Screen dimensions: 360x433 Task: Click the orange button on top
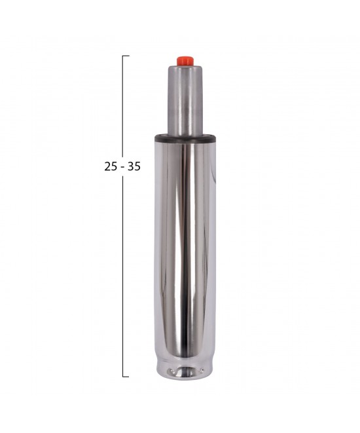(x=185, y=60)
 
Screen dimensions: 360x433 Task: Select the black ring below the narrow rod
(x=185, y=138)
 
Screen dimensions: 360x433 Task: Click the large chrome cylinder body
(x=185, y=248)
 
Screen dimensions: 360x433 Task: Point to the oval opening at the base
(x=185, y=372)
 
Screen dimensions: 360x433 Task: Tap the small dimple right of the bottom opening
(x=202, y=371)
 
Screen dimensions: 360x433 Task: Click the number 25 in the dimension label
(x=111, y=167)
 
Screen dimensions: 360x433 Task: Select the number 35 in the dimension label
(x=134, y=167)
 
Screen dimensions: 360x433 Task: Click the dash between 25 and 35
(x=122, y=168)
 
